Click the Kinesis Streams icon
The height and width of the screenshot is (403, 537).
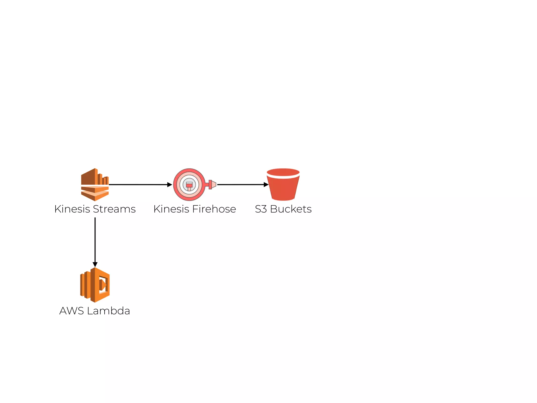95,184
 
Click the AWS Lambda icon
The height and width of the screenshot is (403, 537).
95,285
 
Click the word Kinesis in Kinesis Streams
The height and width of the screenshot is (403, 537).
72,209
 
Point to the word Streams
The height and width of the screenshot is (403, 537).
114,209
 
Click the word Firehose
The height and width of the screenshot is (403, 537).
214,209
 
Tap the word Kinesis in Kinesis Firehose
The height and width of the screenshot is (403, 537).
171,209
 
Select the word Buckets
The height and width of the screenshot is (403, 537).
291,209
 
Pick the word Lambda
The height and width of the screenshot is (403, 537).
109,311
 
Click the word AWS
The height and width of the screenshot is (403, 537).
72,311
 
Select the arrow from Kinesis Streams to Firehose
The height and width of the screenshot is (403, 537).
139,185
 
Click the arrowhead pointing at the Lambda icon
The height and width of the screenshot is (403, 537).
95,264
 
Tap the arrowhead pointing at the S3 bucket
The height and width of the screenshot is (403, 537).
266,185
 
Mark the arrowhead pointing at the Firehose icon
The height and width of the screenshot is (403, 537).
170,185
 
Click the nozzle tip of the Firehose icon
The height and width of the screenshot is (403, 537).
214,184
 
